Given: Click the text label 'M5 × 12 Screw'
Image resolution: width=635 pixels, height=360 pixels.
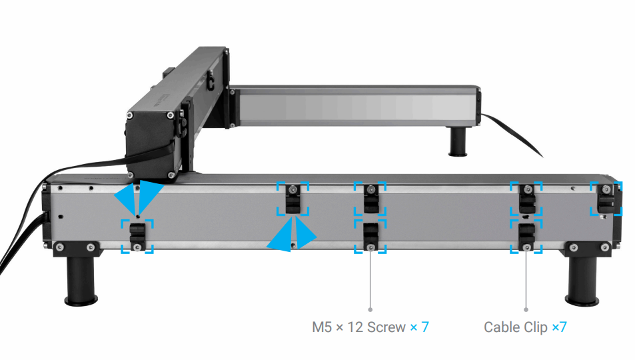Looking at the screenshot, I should (358, 327).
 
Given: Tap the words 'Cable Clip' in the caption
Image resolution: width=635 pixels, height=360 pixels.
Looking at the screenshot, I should (516, 327).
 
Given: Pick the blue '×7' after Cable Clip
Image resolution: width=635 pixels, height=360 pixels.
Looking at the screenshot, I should (558, 327).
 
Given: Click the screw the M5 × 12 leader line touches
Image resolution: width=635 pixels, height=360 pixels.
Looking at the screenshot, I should (370, 248).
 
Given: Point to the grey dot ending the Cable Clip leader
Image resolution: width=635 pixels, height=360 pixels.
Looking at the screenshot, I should (526, 309).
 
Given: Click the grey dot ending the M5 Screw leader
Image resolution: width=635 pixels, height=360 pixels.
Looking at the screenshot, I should (370, 309).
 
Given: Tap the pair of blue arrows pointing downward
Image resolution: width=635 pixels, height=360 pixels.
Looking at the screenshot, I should (138, 196).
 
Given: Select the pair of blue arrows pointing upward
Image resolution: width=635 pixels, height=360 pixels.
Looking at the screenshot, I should (292, 235).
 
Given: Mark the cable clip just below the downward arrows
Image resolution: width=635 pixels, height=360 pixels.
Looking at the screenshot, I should (137, 235).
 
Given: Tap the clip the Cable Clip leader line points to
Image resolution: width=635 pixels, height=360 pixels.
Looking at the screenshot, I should (526, 236).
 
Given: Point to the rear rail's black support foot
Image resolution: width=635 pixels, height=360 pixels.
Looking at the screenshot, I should (458, 141).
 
